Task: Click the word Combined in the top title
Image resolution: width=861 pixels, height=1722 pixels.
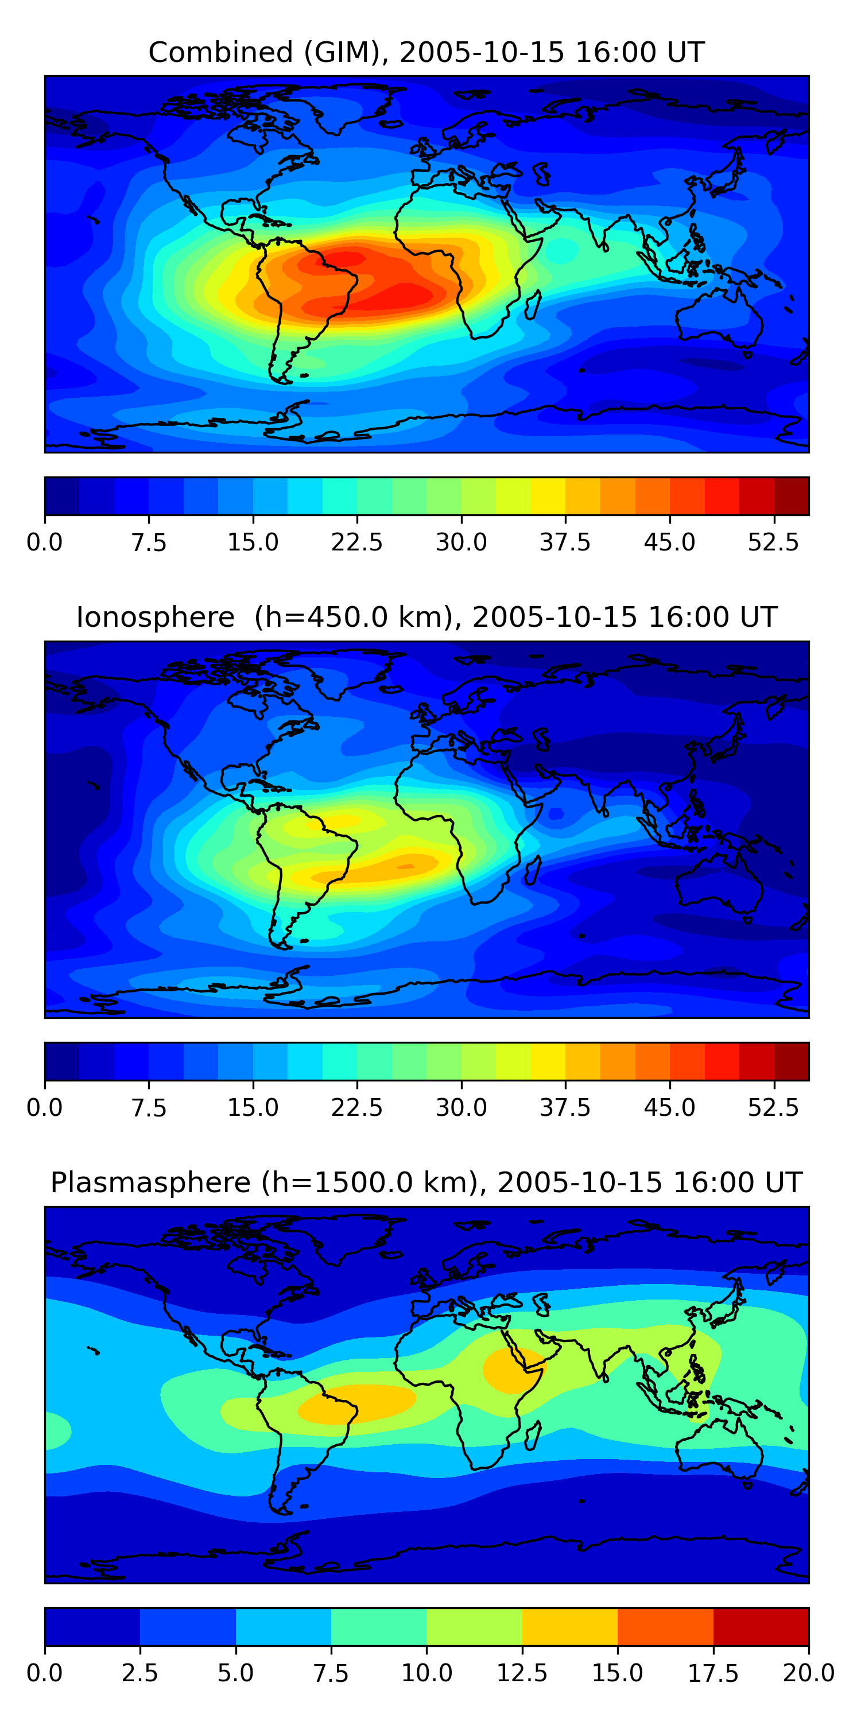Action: [220, 53]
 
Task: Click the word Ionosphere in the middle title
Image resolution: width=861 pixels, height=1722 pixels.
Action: [155, 617]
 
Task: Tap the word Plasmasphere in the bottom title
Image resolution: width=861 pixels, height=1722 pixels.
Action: [150, 1182]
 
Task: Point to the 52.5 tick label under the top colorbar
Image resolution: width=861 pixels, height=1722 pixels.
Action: [773, 542]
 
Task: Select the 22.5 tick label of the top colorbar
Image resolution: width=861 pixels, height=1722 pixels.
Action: [356, 542]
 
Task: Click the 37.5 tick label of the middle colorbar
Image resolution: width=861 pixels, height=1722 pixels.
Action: [565, 1108]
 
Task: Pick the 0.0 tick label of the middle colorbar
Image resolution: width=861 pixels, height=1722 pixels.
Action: [44, 1108]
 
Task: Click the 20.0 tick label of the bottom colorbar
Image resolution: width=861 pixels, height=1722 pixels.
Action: [808, 1673]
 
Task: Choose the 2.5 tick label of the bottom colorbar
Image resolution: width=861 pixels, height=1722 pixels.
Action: [139, 1673]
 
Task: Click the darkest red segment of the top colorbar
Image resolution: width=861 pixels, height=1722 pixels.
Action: [792, 496]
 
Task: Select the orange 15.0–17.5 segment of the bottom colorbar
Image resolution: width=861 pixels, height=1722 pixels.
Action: [665, 1626]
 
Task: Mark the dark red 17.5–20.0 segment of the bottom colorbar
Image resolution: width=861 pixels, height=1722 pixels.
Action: [761, 1626]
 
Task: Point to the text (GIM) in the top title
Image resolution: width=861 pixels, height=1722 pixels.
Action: [346, 53]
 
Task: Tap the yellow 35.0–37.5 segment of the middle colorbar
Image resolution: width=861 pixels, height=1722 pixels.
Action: [548, 1061]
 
